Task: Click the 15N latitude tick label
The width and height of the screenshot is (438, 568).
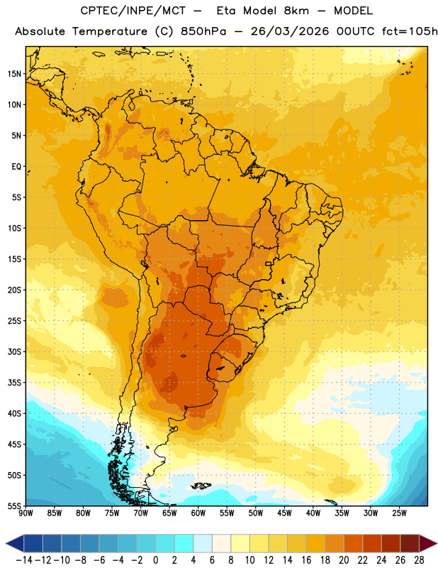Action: point(14,74)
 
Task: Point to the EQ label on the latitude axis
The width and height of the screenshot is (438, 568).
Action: point(16,167)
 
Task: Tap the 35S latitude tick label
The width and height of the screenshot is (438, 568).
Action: point(14,383)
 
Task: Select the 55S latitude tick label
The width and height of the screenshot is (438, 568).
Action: point(14,506)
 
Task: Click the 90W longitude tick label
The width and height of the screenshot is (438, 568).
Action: point(26,513)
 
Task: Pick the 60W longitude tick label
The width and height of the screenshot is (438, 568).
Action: point(198,513)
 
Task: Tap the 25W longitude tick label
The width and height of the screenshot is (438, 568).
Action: point(399,513)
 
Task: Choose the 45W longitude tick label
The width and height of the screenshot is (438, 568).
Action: point(284,513)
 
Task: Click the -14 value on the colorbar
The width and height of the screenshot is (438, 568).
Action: point(24,560)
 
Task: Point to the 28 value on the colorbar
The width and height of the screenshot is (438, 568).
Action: point(419,560)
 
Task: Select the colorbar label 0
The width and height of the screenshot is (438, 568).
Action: point(155,560)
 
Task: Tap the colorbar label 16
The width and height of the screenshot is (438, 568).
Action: point(306,560)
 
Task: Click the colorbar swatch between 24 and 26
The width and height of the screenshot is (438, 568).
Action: point(391,543)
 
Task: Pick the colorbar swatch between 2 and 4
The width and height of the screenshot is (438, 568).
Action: point(184,543)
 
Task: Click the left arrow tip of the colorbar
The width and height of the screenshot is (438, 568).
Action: point(6,543)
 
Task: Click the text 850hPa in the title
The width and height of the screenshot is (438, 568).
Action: point(203,31)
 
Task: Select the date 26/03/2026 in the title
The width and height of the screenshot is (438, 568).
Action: point(290,31)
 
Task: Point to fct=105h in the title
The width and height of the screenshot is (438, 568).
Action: point(410,31)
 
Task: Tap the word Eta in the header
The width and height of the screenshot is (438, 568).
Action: point(226,11)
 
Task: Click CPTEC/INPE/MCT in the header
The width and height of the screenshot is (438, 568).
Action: point(133,11)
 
